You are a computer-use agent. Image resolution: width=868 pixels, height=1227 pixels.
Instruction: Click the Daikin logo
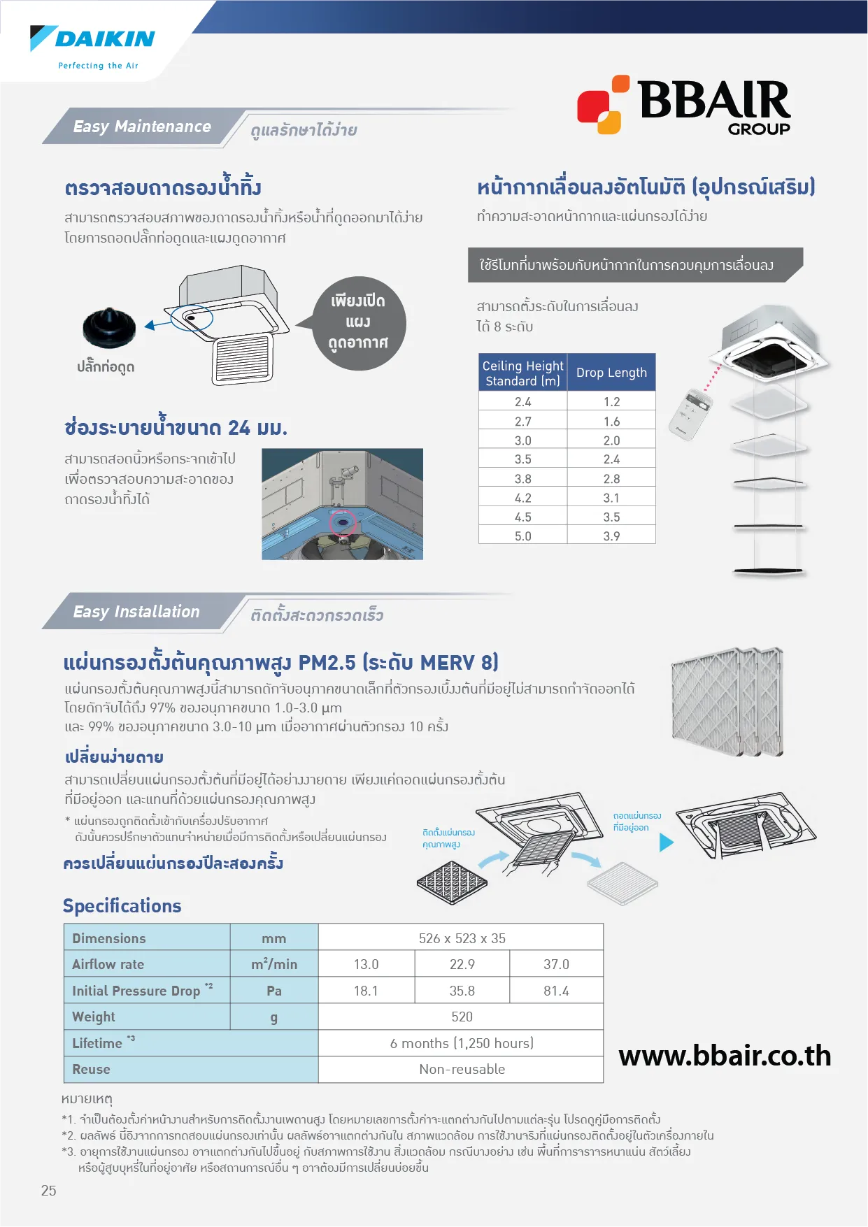pos(93,46)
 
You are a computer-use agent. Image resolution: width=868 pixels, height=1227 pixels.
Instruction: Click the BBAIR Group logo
pos(683,106)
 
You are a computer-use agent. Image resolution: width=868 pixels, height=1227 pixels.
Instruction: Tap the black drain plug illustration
pos(109,327)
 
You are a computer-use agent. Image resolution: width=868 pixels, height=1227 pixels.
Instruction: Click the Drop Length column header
pos(611,373)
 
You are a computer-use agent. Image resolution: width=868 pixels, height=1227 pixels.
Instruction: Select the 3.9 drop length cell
pos(611,536)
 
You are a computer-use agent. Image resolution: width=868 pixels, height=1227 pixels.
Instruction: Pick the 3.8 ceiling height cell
pos(522,479)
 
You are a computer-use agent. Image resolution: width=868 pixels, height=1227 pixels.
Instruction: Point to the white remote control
pos(691,415)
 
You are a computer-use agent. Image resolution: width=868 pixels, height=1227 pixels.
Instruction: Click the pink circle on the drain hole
pos(343,522)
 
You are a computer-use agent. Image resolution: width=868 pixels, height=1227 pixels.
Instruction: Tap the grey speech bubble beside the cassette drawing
pos(358,322)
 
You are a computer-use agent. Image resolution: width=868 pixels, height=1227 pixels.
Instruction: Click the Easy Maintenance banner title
pos(142,127)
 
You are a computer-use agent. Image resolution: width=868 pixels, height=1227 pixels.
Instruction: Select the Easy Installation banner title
pos(136,612)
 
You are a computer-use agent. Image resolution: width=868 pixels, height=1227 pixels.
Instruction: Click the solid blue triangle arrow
pos(666,842)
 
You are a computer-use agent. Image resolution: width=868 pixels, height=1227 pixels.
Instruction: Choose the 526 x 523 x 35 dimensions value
pos(462,938)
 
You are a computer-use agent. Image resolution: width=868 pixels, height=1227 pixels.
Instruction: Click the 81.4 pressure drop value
pos(556,991)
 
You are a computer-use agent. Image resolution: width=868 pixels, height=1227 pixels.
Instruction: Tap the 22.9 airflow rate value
pos(462,964)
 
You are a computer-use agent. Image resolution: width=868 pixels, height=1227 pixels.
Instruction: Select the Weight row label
pos(94,1017)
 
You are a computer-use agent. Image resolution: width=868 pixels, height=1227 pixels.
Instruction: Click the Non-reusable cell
pos(462,1069)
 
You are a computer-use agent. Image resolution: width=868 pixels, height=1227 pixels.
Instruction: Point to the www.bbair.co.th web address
pos(725,1056)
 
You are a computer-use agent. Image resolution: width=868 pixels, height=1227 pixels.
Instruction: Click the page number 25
pos(49,1191)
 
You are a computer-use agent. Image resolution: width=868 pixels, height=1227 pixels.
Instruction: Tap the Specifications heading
pos(122,906)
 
